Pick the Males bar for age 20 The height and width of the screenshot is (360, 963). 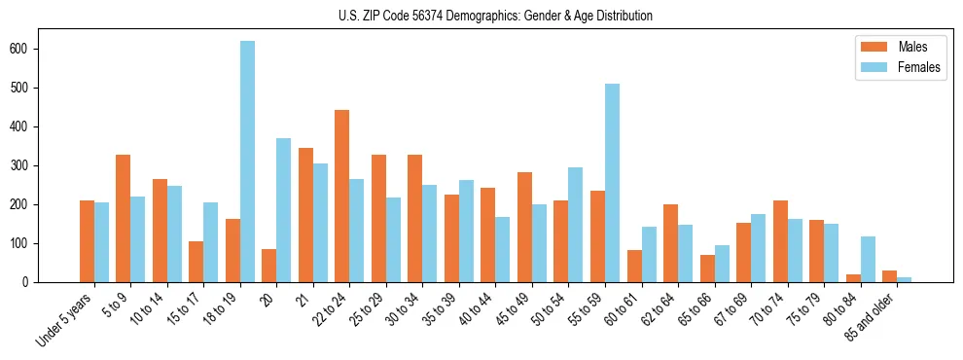pos(269,266)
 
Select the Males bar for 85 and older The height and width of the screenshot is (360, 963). pos(889,276)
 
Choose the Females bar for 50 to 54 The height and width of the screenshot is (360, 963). pos(576,225)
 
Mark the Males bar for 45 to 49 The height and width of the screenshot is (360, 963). pos(524,228)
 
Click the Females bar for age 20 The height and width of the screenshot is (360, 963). pos(284,210)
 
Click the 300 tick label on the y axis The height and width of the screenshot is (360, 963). pos(25,165)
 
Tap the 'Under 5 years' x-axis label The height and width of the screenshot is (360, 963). pos(64,320)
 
